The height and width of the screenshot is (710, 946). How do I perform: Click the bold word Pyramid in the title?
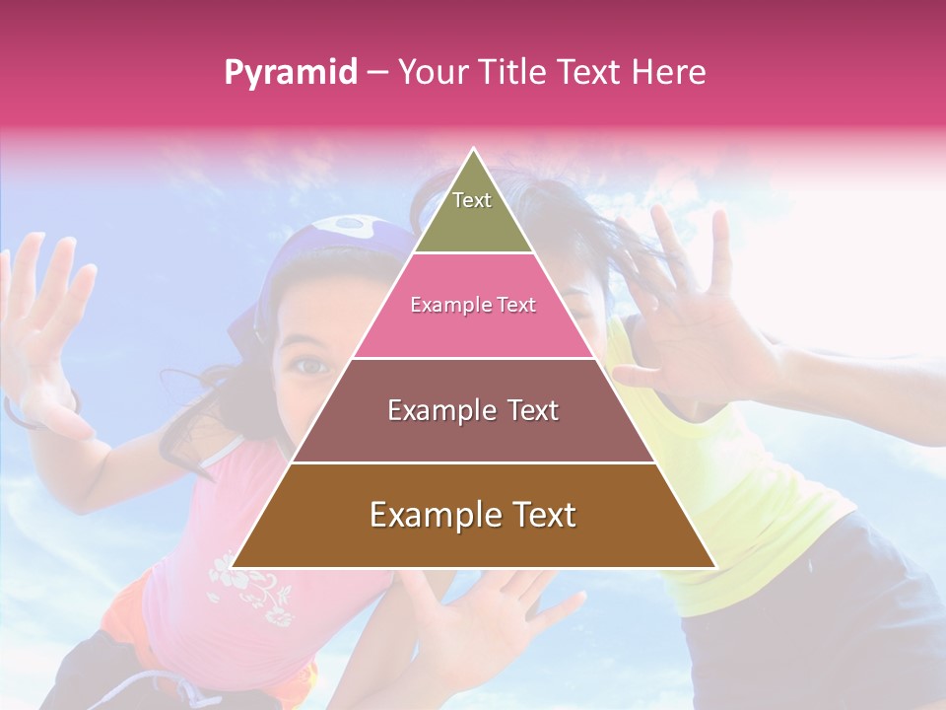click(290, 72)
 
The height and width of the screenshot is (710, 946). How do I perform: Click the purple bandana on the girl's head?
click(335, 237)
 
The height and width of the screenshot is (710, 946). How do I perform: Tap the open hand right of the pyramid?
click(690, 316)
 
